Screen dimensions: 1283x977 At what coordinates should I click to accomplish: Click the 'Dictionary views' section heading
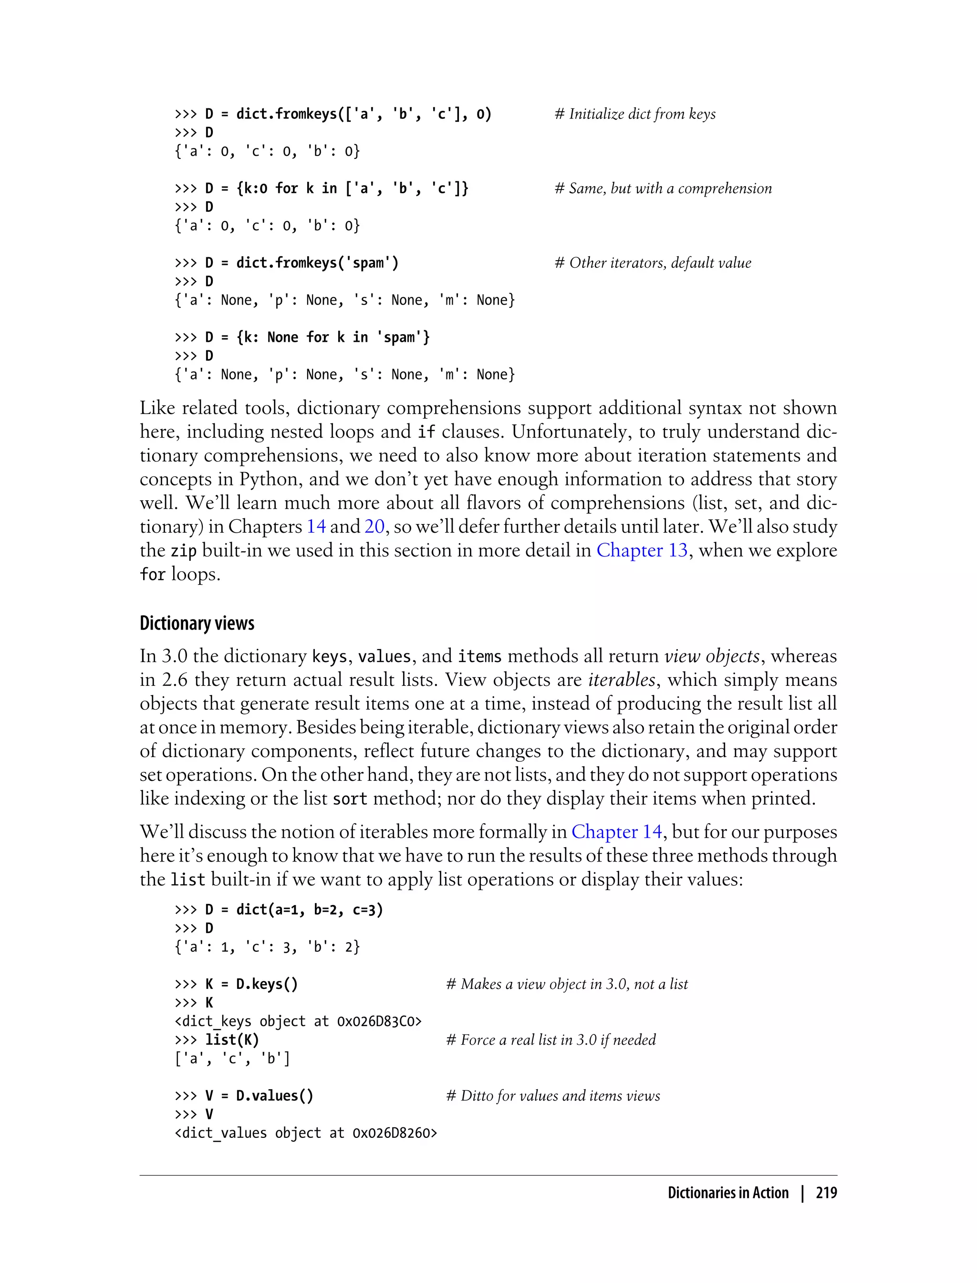point(197,623)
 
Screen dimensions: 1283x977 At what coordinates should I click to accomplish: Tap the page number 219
point(826,1192)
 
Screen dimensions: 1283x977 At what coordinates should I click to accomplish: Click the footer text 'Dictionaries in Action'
point(728,1192)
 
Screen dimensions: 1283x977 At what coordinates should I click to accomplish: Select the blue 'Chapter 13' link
point(642,550)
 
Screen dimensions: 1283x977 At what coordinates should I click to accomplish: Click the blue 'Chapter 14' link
point(616,831)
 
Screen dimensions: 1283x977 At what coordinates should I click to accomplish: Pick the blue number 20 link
point(374,526)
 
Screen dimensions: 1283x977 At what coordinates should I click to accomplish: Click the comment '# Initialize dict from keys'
point(635,114)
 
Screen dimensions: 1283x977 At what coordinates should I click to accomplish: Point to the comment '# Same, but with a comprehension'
point(663,189)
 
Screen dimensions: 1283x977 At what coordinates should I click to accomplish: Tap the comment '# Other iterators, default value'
point(653,263)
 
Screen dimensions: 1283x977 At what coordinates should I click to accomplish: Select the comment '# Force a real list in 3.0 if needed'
point(550,1040)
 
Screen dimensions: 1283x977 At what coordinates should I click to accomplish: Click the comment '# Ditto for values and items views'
point(552,1095)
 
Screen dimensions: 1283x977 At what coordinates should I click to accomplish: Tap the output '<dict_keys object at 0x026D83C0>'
point(298,1021)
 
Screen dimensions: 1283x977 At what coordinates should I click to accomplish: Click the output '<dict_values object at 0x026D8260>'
point(305,1133)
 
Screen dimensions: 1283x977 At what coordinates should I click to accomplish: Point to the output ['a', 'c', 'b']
point(232,1058)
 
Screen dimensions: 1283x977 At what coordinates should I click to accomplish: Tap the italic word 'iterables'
point(622,680)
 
